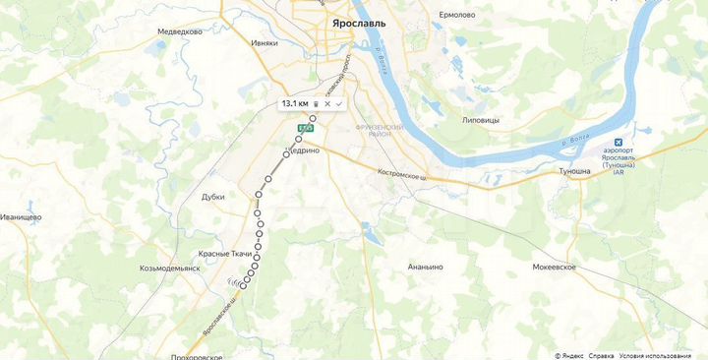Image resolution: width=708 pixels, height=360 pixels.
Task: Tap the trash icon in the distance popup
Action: [316, 103]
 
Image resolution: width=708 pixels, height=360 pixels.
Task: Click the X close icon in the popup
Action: [327, 103]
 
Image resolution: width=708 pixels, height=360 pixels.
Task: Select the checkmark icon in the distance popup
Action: [339, 103]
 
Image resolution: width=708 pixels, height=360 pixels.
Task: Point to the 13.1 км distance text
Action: [295, 103]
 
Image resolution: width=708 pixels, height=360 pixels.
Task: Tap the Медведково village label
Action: [180, 31]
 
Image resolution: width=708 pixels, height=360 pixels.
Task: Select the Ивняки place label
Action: [265, 43]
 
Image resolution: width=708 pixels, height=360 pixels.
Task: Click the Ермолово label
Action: [457, 15]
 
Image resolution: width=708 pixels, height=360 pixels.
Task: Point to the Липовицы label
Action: [481, 120]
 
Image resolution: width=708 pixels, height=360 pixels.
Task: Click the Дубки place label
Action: [213, 196]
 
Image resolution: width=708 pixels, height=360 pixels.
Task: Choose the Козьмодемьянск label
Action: [170, 268]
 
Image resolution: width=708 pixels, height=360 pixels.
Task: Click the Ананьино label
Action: [426, 267]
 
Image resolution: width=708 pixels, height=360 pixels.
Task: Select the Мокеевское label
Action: [558, 267]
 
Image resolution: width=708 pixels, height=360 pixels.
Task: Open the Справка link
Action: [602, 355]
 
